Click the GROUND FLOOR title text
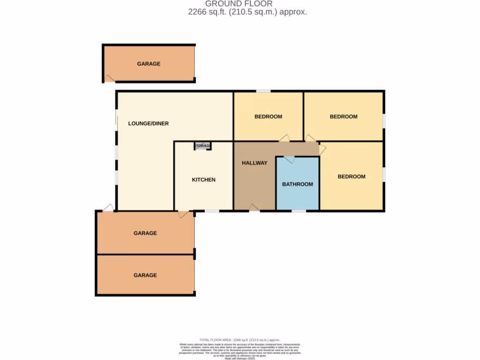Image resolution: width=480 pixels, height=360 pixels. point(245,4)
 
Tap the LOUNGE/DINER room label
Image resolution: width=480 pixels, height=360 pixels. point(149,124)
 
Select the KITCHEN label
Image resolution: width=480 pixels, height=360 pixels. point(203,180)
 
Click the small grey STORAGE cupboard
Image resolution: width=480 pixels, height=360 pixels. point(203,146)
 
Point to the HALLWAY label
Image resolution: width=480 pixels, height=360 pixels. point(255,163)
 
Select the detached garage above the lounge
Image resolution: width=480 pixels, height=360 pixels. point(149,64)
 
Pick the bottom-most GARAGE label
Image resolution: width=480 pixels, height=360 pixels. point(145,275)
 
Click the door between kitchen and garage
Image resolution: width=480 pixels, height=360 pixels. point(184,214)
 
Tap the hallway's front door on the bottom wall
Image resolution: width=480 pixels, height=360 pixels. point(255,208)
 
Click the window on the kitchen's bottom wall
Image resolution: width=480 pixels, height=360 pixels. point(212,211)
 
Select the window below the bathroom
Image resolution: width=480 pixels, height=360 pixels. point(299,211)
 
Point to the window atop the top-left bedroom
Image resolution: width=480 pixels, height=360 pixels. point(263,91)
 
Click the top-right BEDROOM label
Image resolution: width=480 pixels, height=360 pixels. point(343,117)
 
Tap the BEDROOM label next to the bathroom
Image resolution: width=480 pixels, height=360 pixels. point(351,177)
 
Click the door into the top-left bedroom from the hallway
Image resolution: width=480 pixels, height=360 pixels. point(285,138)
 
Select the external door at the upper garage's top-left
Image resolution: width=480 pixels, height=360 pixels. point(108,208)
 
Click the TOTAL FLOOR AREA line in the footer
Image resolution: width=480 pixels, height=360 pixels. point(240,340)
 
